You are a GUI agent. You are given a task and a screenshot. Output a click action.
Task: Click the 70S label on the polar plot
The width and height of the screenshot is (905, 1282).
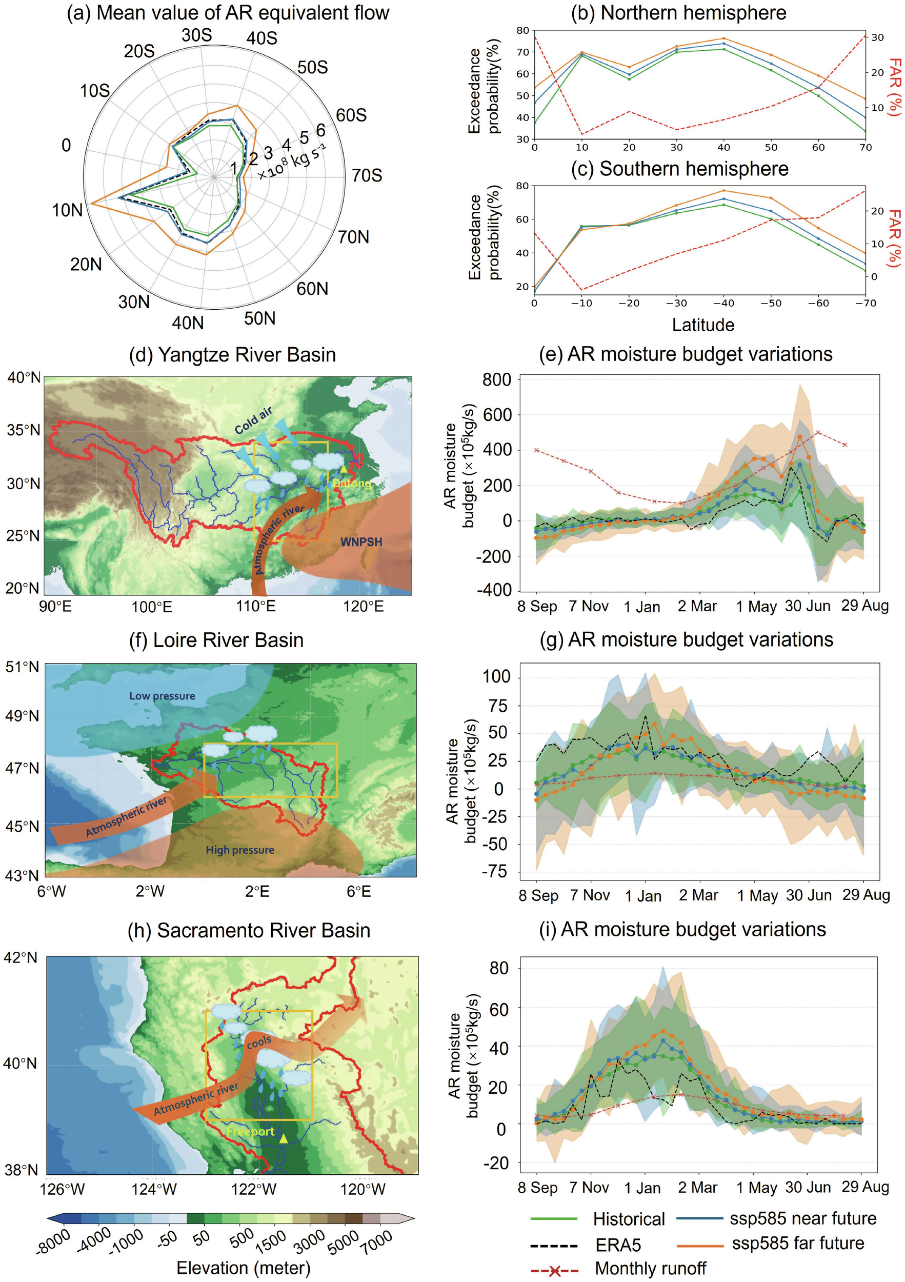(367, 175)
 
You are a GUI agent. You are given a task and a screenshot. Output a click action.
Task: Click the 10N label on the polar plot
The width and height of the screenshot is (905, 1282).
(68, 210)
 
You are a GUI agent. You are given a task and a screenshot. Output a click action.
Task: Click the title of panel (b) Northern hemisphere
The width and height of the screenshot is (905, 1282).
(678, 12)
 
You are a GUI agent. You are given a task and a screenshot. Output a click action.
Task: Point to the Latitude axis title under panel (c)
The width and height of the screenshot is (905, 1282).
(703, 325)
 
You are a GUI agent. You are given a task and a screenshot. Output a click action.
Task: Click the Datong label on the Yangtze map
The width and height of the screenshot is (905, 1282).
(351, 483)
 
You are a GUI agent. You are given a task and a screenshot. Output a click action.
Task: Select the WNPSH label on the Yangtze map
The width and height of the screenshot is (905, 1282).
(361, 542)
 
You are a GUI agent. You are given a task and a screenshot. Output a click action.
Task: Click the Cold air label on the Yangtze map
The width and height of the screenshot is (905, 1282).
(253, 420)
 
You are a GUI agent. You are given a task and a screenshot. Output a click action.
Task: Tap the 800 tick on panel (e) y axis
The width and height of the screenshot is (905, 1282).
(497, 379)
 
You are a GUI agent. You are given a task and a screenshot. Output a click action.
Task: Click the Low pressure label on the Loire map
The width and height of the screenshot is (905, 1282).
(162, 696)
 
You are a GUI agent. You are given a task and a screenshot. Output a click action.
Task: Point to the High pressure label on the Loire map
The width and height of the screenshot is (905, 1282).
(240, 850)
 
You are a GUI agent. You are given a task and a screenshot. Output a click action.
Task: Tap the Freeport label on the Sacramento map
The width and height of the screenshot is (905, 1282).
(250, 1131)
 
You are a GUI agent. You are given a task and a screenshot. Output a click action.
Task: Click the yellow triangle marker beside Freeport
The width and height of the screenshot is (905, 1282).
(284, 1138)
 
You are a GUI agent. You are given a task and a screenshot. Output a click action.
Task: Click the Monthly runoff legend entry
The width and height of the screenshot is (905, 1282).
(650, 1269)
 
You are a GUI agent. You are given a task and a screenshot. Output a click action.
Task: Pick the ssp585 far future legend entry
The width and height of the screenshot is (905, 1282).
(798, 1244)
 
